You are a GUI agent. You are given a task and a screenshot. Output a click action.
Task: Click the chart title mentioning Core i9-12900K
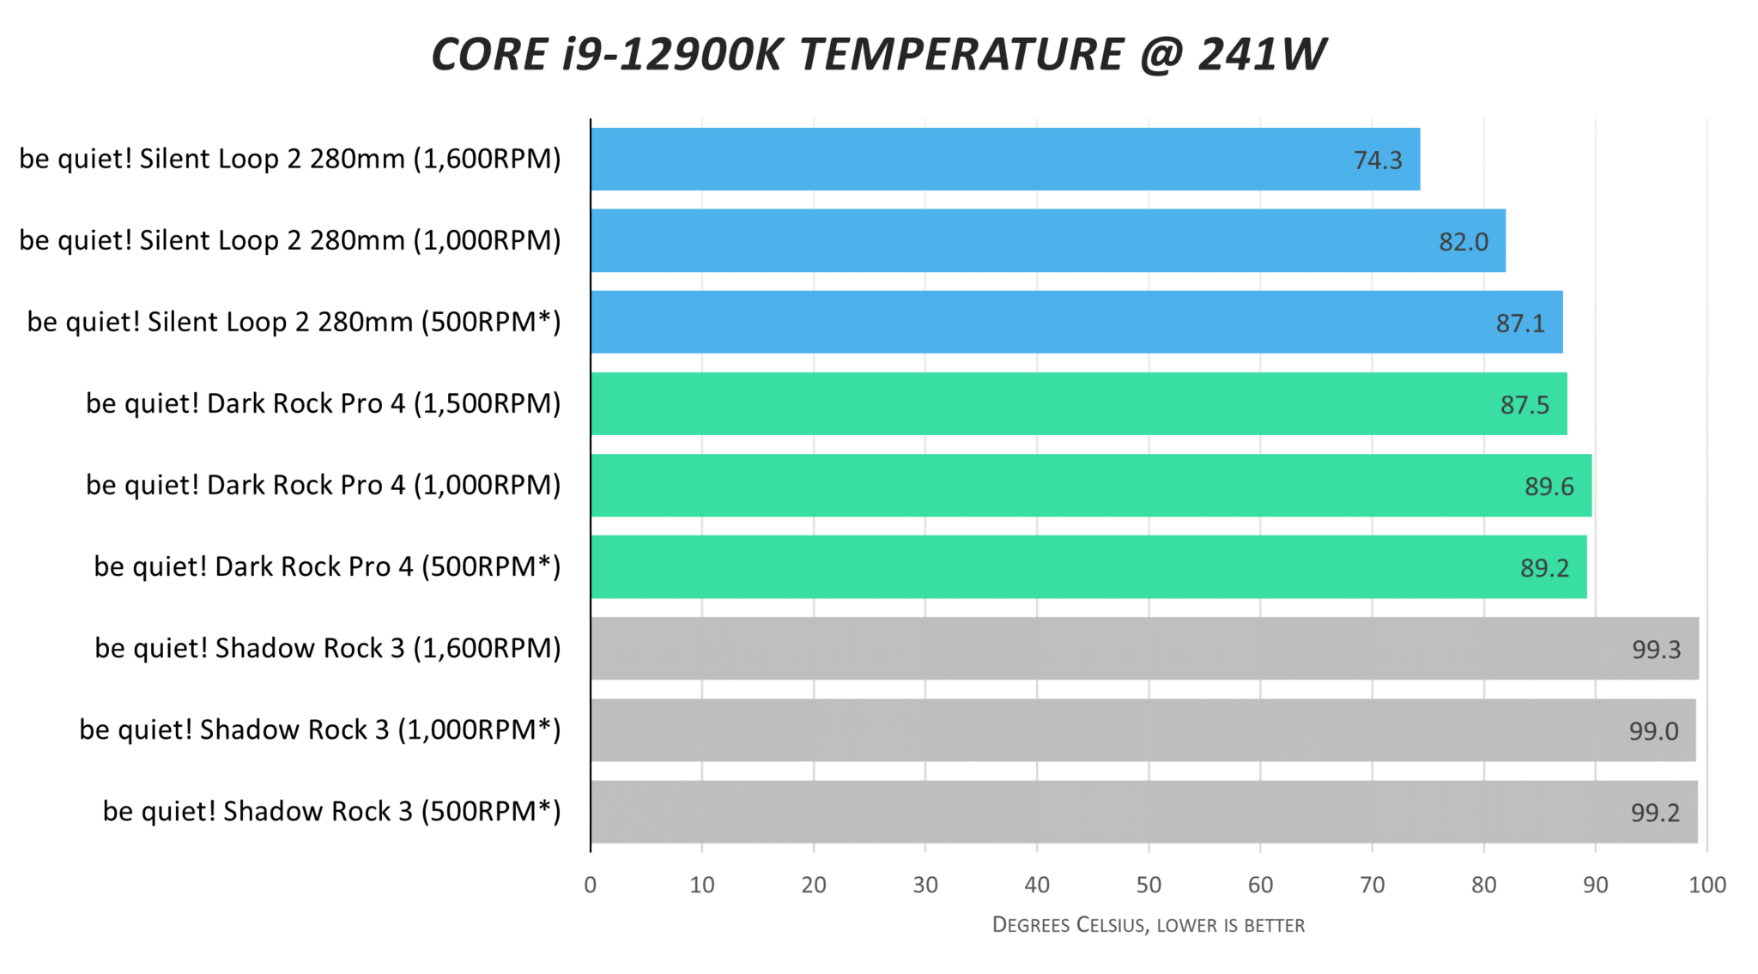pos(878,55)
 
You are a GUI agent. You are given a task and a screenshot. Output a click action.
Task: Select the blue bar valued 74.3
pos(1004,160)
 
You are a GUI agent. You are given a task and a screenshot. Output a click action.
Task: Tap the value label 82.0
pos(1463,242)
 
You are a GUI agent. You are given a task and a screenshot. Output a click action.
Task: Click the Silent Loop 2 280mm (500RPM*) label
pos(294,322)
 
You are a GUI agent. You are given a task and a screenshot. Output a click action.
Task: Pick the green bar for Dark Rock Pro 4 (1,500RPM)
pos(1077,403)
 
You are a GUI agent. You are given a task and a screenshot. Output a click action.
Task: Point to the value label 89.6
pos(1549,487)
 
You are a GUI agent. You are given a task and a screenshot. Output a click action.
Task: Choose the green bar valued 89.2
pos(1088,567)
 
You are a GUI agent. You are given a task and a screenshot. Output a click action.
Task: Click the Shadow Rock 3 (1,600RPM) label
pos(327,648)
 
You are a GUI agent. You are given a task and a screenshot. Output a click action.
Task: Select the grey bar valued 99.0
pos(1142,730)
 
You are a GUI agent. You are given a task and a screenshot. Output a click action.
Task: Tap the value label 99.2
pos(1654,813)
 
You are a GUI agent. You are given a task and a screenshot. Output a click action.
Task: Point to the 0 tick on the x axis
pos(591,885)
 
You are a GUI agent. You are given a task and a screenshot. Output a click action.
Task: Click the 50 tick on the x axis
pos(1149,885)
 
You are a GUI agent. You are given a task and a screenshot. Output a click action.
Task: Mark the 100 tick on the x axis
pos(1706,885)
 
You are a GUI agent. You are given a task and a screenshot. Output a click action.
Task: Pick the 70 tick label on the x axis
pos(1372,885)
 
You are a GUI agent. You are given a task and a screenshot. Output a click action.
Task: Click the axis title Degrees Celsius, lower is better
pos(1148,925)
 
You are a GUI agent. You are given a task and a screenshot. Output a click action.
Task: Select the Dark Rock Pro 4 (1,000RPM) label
pos(323,485)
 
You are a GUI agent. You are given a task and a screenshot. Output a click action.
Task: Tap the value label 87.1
pos(1519,324)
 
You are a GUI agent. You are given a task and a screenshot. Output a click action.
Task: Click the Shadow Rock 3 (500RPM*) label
pos(331,811)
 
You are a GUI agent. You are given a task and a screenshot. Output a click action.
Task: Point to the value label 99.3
pos(1656,650)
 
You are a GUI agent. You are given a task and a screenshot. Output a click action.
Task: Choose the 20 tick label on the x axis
pos(814,885)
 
